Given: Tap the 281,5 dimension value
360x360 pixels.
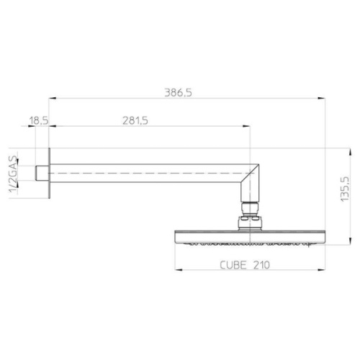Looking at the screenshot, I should coord(135,121).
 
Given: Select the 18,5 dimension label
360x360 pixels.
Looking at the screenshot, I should coord(39,121).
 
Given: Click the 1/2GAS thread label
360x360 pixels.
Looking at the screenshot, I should coord(12,175).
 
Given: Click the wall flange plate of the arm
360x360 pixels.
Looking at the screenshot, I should coord(50,175).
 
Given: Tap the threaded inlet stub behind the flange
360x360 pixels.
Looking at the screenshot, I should coord(42,175).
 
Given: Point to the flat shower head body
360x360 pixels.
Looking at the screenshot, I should coord(249,235).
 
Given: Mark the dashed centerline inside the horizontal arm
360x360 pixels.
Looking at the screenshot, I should coord(144,175).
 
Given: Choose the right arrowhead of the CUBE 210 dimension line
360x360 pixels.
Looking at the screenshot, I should coord(320,271).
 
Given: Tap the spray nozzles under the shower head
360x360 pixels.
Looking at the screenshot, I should coord(249,245).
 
